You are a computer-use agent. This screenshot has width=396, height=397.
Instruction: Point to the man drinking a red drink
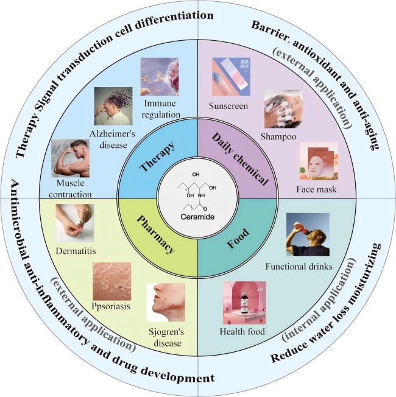pyautogui.click(x=307, y=234)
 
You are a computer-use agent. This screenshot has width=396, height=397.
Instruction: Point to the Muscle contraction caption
pyautogui.click(x=71, y=189)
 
